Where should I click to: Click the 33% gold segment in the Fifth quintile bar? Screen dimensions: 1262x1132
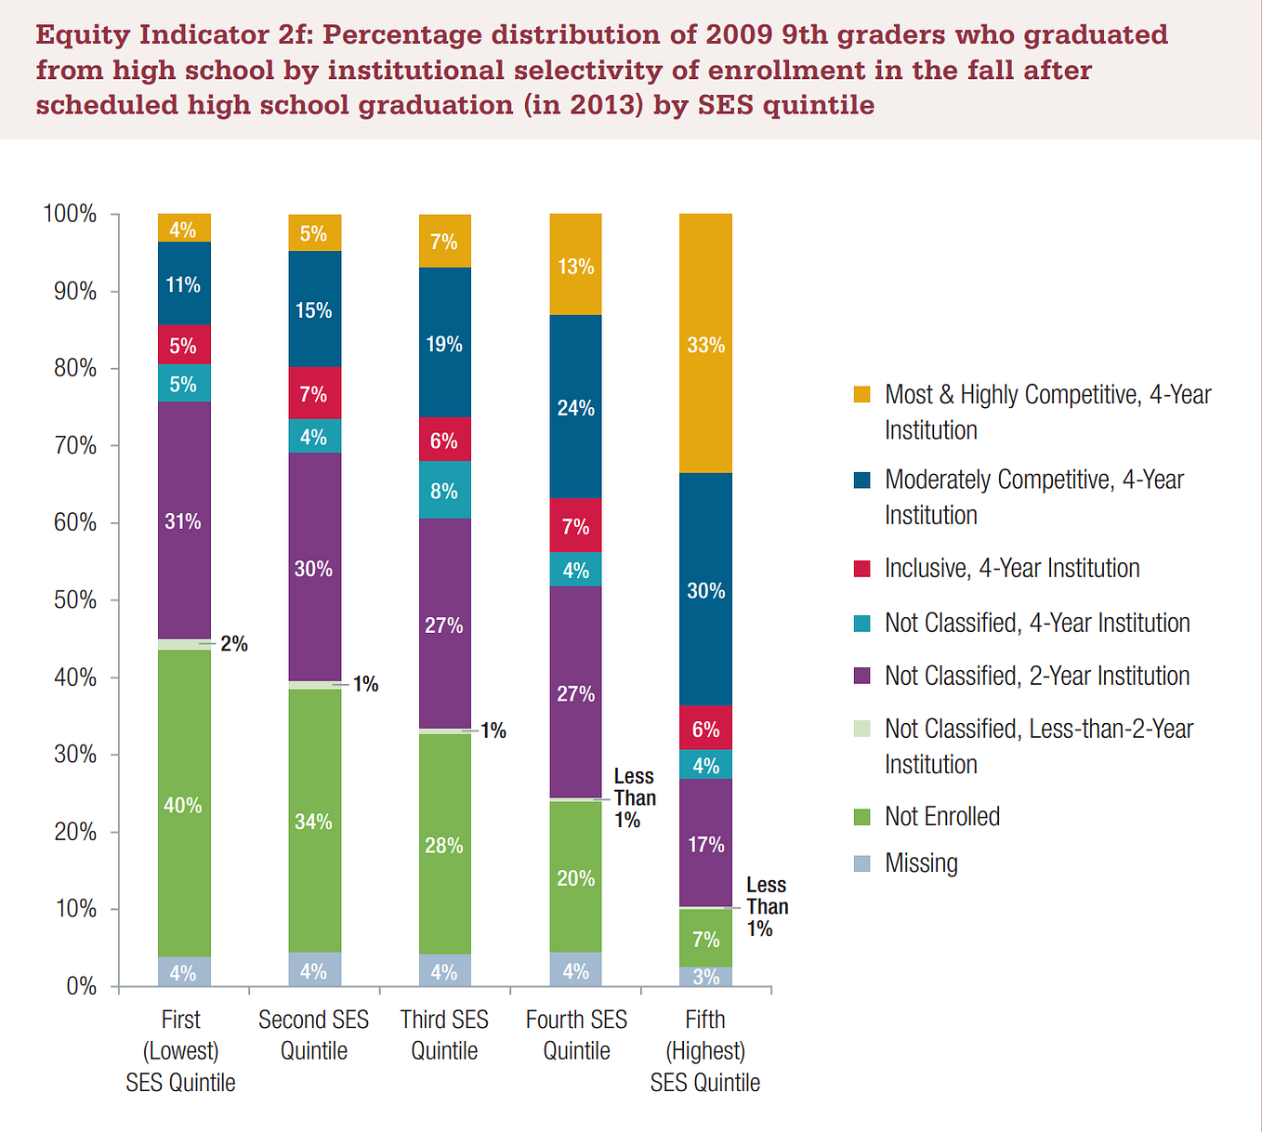click(x=705, y=343)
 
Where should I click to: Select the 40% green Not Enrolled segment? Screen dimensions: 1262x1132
click(x=184, y=803)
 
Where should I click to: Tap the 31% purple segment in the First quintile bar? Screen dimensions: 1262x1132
click(x=184, y=520)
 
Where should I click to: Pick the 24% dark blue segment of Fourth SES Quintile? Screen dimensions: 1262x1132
click(x=575, y=406)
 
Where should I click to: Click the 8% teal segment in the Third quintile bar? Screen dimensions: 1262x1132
click(x=445, y=490)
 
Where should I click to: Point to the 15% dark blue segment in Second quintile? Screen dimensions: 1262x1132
click(x=314, y=309)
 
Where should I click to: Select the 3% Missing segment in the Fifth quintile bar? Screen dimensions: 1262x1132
click(x=705, y=976)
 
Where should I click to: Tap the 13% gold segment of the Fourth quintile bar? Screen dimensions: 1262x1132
click(x=575, y=264)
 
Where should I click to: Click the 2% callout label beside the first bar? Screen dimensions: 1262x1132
click(x=234, y=643)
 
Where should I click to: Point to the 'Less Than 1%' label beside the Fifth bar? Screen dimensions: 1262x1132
click(x=768, y=906)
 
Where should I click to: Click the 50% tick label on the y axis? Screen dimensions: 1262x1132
click(x=74, y=600)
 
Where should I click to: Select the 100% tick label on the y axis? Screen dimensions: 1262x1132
click(x=70, y=214)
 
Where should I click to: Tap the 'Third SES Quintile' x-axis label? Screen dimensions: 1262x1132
click(x=444, y=1034)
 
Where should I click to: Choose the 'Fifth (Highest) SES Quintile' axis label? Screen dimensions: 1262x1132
click(x=705, y=1051)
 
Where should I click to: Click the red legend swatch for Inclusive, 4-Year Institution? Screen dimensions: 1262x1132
click(x=861, y=568)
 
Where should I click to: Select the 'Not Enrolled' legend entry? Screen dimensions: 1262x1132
click(x=927, y=816)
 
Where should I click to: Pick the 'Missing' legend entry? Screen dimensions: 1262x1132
click(x=906, y=863)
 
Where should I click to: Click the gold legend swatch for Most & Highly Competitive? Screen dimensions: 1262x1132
click(x=861, y=394)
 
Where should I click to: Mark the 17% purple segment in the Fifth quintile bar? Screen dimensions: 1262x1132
click(x=705, y=843)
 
